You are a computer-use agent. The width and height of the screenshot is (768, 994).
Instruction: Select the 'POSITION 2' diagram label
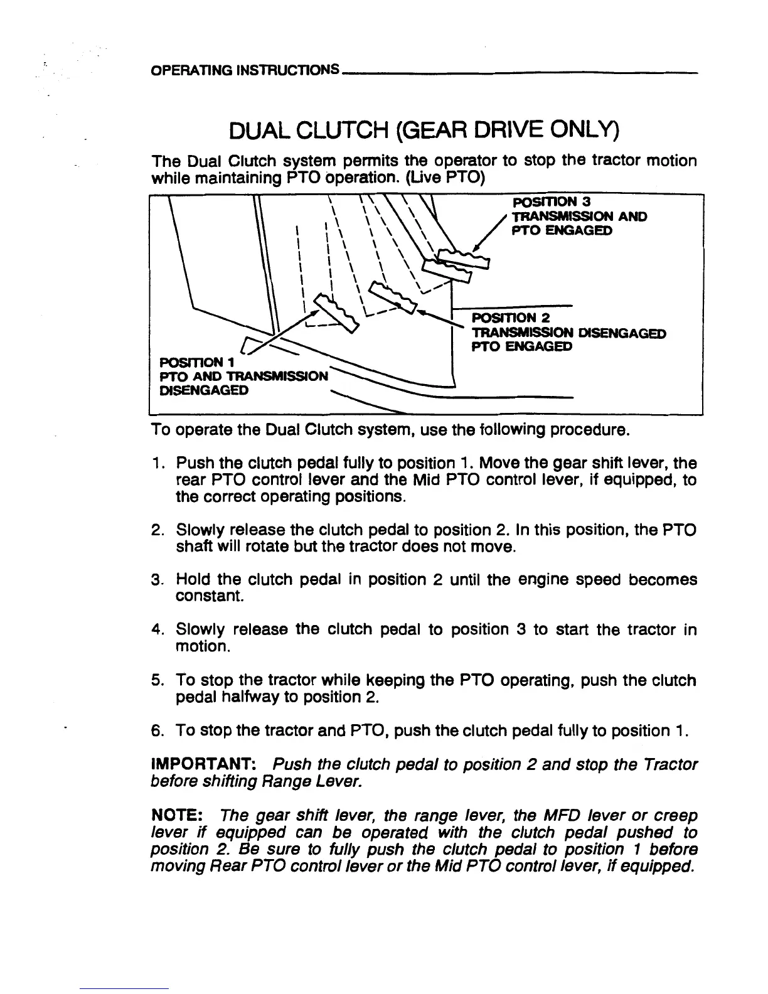click(x=511, y=318)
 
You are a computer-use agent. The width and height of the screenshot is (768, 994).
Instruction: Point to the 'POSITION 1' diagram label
click(x=188, y=362)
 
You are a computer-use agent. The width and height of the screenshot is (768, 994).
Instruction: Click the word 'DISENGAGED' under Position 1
click(x=203, y=390)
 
